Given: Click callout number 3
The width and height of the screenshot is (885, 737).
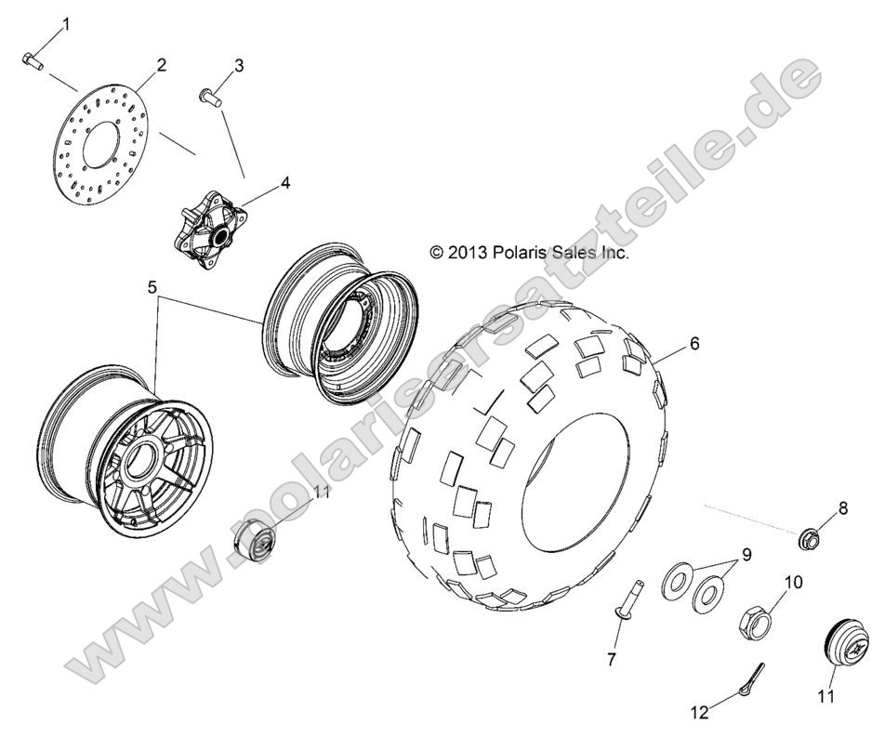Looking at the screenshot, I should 239,65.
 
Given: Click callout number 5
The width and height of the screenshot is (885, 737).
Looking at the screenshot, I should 152,287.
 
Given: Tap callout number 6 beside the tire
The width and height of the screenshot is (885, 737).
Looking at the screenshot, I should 694,344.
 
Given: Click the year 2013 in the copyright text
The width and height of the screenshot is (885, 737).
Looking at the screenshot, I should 466,252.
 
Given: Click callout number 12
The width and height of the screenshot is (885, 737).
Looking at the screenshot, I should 699,713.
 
